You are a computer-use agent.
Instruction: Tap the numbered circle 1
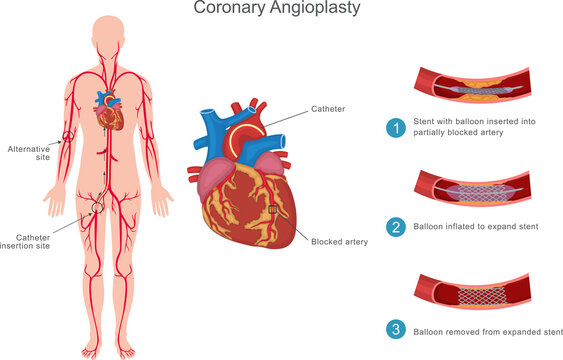396,127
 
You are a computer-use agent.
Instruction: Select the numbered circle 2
396,227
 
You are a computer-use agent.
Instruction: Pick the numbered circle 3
396,330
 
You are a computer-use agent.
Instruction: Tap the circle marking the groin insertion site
96,208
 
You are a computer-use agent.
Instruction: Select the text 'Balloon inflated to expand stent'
475,227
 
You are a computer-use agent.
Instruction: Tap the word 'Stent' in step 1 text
425,121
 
